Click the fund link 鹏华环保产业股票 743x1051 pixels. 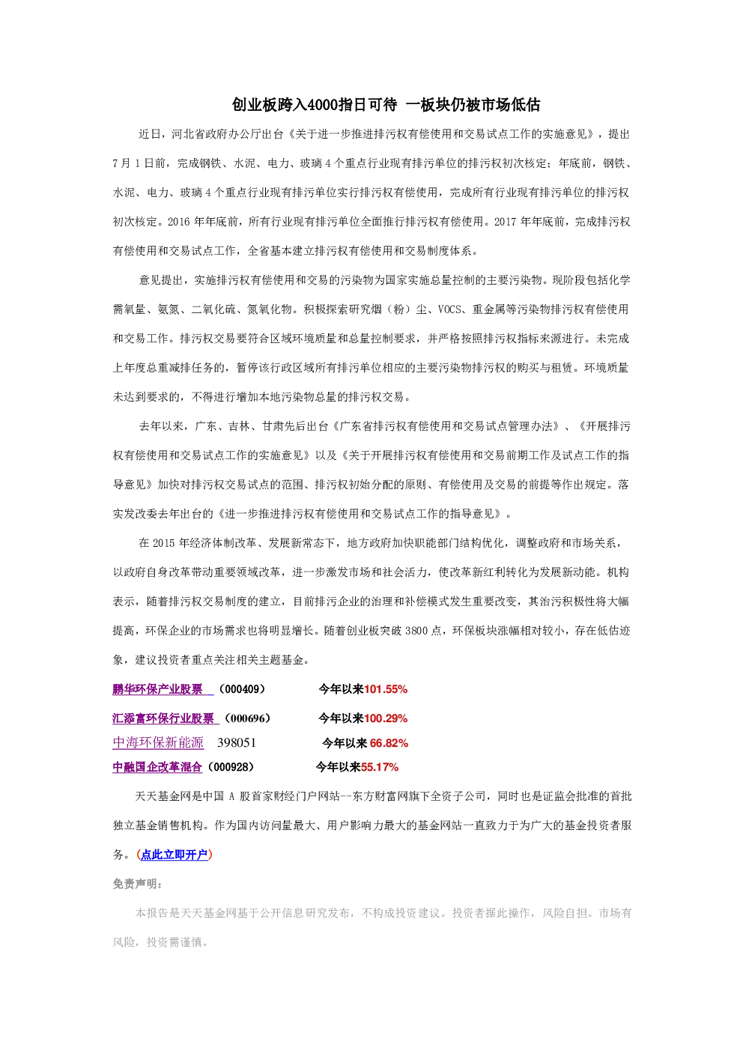pyautogui.click(x=157, y=689)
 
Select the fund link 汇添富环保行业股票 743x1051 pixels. pyautogui.click(x=163, y=718)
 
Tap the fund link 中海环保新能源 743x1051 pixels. pyautogui.click(x=158, y=742)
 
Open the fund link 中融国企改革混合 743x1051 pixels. pyautogui.click(x=157, y=767)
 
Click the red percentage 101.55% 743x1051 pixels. pyautogui.click(x=386, y=689)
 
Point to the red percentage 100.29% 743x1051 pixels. pyautogui.click(x=386, y=718)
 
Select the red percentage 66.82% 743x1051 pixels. pyautogui.click(x=389, y=743)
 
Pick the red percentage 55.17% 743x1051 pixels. pyautogui.click(x=380, y=767)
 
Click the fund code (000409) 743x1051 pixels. pyautogui.click(x=242, y=689)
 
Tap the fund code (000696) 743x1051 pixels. pyautogui.click(x=248, y=718)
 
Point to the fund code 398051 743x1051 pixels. pyautogui.click(x=237, y=742)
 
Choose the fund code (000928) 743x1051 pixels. pyautogui.click(x=231, y=767)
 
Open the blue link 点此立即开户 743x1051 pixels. pyautogui.click(x=174, y=855)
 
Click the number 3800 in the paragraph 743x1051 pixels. pyautogui.click(x=416, y=631)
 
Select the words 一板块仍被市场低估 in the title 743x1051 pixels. pyautogui.click(x=473, y=105)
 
